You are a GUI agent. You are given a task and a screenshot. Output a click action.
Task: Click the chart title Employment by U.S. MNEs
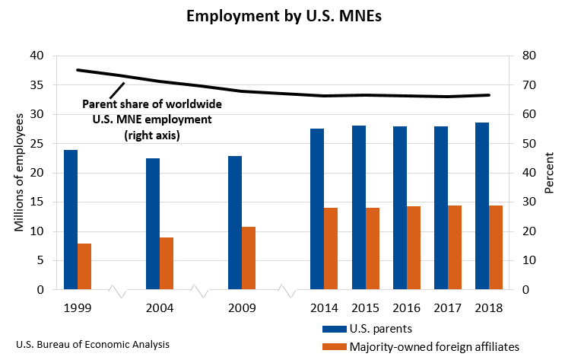click(282, 16)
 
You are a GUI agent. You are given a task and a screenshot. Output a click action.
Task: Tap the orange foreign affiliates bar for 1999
click(84, 266)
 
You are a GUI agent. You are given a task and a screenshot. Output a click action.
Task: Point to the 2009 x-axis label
click(241, 308)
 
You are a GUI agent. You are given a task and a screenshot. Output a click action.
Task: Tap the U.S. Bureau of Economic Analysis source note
click(86, 344)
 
